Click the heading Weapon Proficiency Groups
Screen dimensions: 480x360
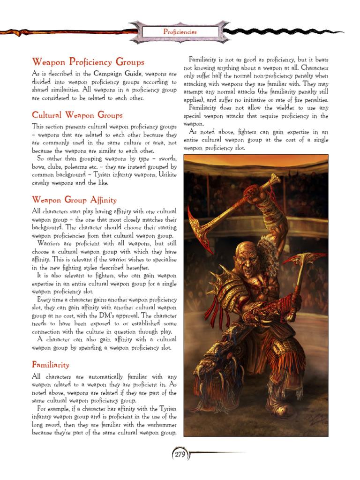[x=88, y=62]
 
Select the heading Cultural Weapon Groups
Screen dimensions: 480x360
[x=77, y=115]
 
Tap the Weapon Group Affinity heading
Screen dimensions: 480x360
[x=74, y=200]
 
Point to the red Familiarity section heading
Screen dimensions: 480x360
[x=51, y=364]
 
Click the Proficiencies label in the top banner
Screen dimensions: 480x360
[x=180, y=32]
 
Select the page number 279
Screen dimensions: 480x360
[x=180, y=454]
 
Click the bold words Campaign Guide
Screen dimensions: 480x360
[x=118, y=74]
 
